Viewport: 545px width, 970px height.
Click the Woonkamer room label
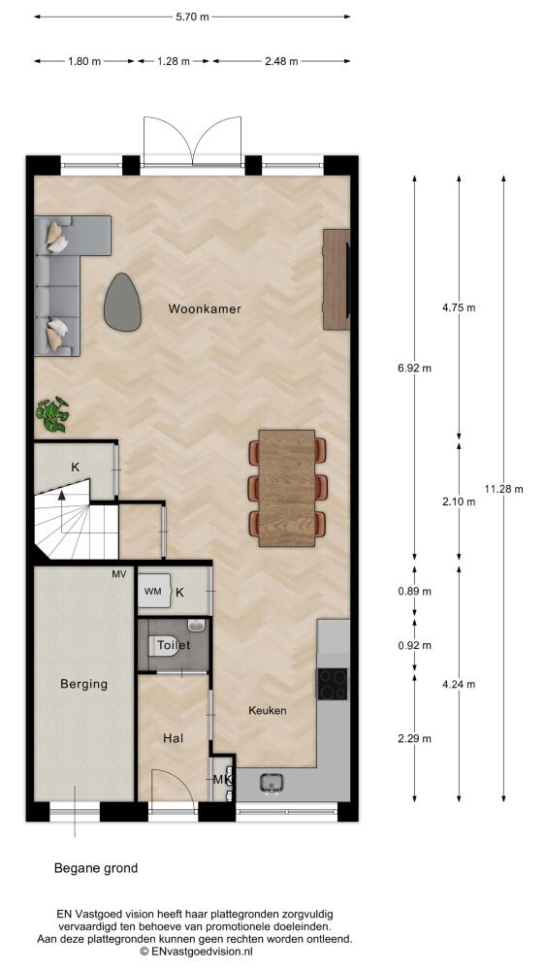click(x=205, y=308)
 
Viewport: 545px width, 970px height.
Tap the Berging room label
click(x=83, y=684)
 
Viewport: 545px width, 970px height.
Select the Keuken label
click(x=268, y=710)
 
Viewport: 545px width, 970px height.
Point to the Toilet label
click(x=174, y=645)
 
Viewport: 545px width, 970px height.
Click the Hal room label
click(x=174, y=738)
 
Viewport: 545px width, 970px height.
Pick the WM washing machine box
click(x=153, y=592)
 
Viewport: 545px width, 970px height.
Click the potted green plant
click(x=52, y=414)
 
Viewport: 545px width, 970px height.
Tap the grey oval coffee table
click(x=122, y=302)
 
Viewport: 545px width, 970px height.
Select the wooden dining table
click(x=287, y=488)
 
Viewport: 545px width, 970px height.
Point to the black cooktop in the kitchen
click(x=333, y=684)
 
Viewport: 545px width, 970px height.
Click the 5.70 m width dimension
click(x=192, y=17)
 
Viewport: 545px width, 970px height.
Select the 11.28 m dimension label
click(x=503, y=489)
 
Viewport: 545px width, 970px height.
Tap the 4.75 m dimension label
click(x=459, y=307)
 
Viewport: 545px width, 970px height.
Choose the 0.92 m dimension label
click(x=414, y=646)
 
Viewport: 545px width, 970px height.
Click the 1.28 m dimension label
click(x=174, y=61)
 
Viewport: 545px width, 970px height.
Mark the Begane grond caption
click(x=96, y=868)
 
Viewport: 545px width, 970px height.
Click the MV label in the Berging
click(x=118, y=574)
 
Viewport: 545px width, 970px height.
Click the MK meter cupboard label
click(x=222, y=780)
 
